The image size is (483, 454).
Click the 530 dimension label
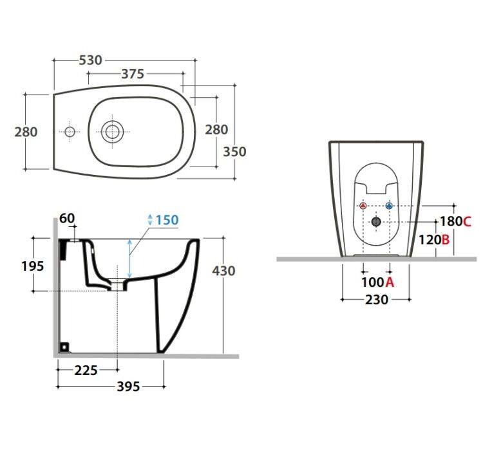click(x=90, y=60)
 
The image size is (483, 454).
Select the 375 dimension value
click(x=133, y=74)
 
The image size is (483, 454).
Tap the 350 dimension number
click(x=234, y=152)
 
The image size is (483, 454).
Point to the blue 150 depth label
click(x=167, y=220)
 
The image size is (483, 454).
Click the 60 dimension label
click(x=67, y=219)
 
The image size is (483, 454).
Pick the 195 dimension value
click(x=33, y=266)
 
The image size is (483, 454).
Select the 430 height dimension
click(x=223, y=271)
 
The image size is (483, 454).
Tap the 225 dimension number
click(x=86, y=370)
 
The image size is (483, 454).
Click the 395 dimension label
click(x=128, y=386)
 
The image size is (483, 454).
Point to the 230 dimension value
click(x=377, y=299)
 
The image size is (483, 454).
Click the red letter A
click(x=390, y=282)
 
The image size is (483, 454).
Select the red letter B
click(x=446, y=240)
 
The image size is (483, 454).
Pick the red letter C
click(x=467, y=221)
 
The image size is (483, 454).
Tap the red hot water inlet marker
click(x=363, y=206)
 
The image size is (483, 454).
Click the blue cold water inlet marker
click(x=390, y=206)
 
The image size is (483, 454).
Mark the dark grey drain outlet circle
click(x=376, y=221)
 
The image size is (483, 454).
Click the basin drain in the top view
click(x=113, y=132)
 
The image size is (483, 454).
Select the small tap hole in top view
click(x=70, y=132)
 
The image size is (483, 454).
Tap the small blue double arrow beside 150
click(x=150, y=220)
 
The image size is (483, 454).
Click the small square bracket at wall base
click(x=64, y=347)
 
